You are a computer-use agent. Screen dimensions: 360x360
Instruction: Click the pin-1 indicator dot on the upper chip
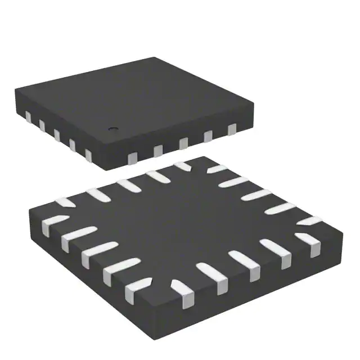click(111, 128)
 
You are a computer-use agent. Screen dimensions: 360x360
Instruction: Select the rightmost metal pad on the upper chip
click(232, 130)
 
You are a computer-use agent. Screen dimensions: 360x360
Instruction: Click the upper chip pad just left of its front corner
click(88, 154)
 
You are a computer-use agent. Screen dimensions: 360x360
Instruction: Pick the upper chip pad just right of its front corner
click(132, 155)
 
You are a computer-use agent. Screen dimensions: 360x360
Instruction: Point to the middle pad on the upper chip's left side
click(56, 135)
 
